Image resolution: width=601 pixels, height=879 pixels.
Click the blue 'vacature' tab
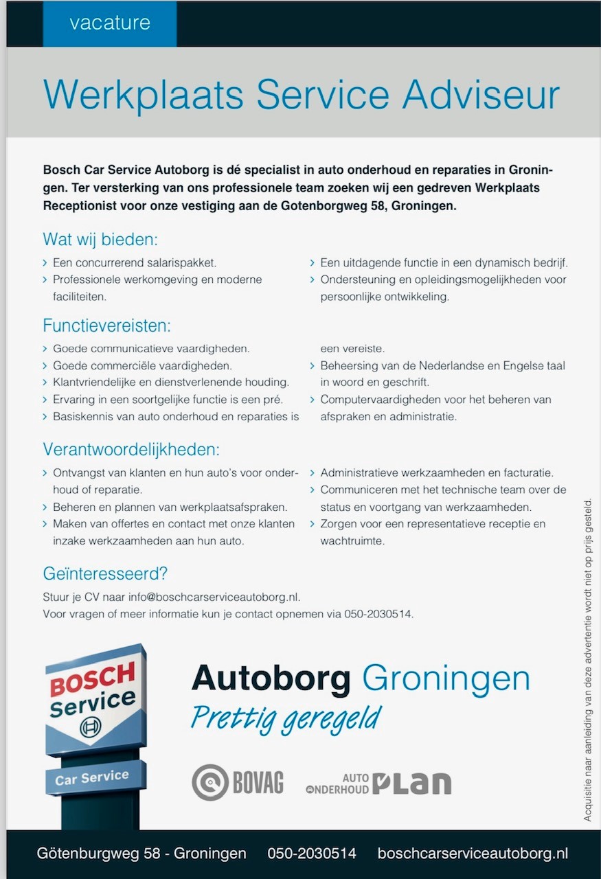pyautogui.click(x=109, y=23)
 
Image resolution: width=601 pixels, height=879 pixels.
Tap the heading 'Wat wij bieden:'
pyautogui.click(x=100, y=240)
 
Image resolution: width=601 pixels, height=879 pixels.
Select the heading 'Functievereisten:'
pyautogui.click(x=106, y=325)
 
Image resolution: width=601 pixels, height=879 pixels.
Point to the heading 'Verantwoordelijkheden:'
pyautogui.click(x=131, y=450)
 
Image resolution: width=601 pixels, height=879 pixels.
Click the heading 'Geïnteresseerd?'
pyautogui.click(x=105, y=573)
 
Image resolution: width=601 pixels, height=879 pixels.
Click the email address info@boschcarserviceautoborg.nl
pyautogui.click(x=214, y=597)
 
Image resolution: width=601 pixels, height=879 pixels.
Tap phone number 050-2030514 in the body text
pyautogui.click(x=378, y=614)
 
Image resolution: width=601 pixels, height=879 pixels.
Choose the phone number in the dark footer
pyautogui.click(x=312, y=854)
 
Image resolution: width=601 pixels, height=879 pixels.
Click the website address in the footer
pyautogui.click(x=473, y=854)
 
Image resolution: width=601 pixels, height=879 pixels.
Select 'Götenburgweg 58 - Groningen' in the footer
pyautogui.click(x=141, y=854)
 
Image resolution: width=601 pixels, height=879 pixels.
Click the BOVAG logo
pyautogui.click(x=238, y=782)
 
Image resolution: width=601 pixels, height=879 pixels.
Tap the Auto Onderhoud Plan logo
pyautogui.click(x=378, y=783)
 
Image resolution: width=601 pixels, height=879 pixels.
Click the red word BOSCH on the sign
pyautogui.click(x=92, y=681)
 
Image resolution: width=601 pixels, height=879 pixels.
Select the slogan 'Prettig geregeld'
pyautogui.click(x=286, y=718)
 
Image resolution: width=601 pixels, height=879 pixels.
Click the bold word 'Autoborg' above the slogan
pyautogui.click(x=271, y=678)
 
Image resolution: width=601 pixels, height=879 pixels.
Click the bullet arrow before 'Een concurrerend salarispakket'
pyautogui.click(x=45, y=263)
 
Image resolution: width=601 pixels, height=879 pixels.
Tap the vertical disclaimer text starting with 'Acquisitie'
pyautogui.click(x=587, y=659)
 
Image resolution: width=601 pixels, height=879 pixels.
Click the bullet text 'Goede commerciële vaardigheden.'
pyautogui.click(x=142, y=365)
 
